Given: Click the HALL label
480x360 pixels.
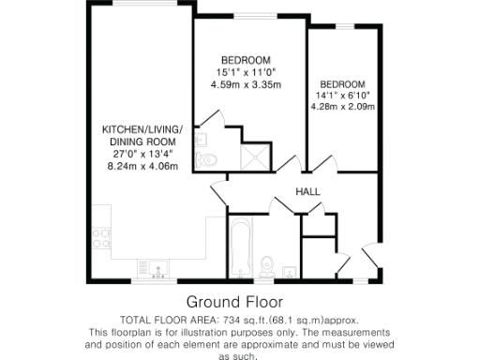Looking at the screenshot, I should (307, 191).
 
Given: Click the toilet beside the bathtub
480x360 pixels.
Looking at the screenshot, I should (268, 262).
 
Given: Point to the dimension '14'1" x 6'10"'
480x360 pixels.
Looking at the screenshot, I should (346, 95).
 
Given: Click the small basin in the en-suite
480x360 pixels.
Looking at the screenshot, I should (202, 137).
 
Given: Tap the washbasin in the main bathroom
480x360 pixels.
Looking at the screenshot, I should (290, 273).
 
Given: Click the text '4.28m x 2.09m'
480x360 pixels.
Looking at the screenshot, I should (346, 107).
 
